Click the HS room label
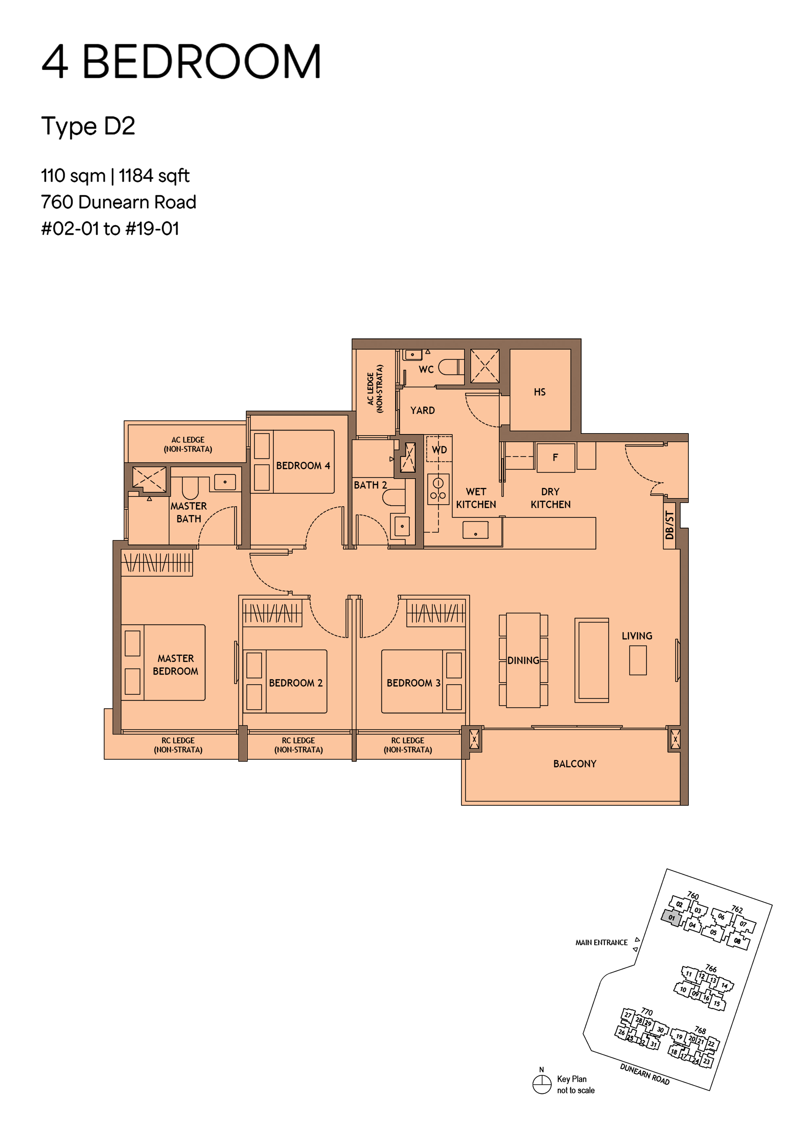point(539,392)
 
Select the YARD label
point(422,410)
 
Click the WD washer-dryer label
point(439,450)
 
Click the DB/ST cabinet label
point(670,525)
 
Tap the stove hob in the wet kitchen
point(438,489)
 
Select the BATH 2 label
point(370,485)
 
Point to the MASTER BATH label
point(188,512)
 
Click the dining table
point(523,660)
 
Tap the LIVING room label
point(637,636)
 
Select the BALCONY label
point(575,764)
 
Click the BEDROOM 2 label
point(296,683)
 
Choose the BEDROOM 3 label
point(413,683)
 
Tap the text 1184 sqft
point(154,176)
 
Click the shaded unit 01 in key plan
point(671,918)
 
